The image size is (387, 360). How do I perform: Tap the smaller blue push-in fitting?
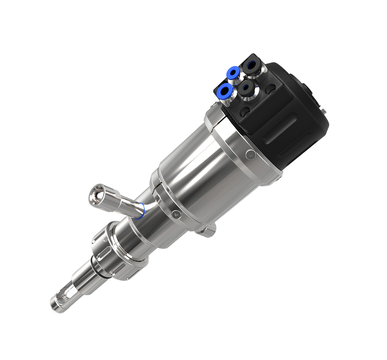pyautogui.click(x=234, y=72)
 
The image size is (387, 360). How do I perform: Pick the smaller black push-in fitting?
pyautogui.click(x=246, y=88)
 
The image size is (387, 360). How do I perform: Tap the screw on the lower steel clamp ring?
pyautogui.click(x=175, y=214)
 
